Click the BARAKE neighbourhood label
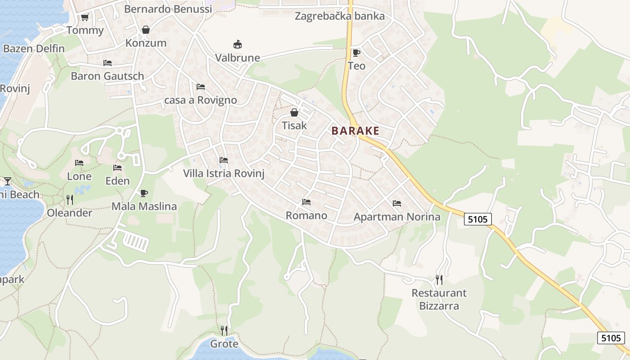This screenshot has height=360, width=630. [355, 131]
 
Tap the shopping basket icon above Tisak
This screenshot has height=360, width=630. [294, 112]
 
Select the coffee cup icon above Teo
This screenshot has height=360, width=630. [356, 53]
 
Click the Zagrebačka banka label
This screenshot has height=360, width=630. [340, 17]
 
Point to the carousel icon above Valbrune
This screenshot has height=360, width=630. [237, 44]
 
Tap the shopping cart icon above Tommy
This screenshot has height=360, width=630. [85, 18]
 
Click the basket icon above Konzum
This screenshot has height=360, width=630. [146, 30]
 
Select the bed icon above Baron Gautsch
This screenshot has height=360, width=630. [107, 63]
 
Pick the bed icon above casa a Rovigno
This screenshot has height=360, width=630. [201, 86]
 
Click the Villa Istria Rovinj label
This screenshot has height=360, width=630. [224, 173]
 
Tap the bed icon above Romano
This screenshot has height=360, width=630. [306, 202]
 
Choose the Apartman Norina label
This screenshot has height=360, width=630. [397, 217]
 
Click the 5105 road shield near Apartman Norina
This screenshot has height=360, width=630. [477, 219]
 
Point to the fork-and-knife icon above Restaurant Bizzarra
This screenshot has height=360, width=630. [439, 280]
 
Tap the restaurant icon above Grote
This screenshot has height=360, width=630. [224, 331]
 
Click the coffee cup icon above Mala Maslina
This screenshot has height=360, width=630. [144, 193]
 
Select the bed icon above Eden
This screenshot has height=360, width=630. [117, 168]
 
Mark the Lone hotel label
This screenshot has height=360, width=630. [79, 176]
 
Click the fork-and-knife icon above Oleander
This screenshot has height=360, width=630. [70, 199]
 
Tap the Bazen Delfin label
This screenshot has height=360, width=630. [34, 49]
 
